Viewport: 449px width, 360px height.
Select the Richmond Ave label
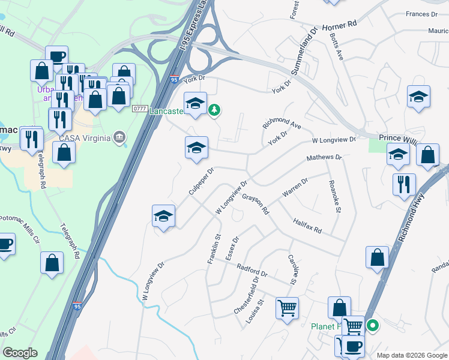282,124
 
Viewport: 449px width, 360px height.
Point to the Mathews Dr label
324,157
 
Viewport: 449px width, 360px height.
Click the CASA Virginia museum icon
122,138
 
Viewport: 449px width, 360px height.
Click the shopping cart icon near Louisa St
288,308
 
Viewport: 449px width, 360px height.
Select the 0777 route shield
140,109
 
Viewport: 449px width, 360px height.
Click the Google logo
20,353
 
